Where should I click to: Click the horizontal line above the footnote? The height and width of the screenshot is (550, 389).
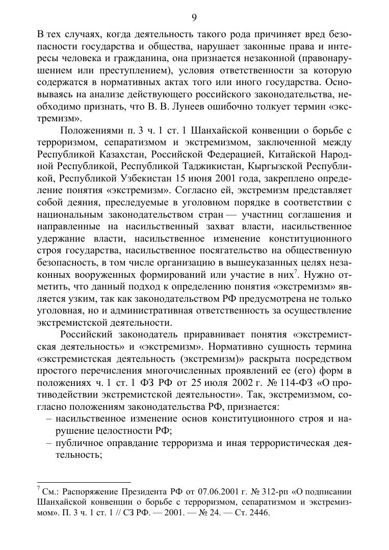(x=84, y=482)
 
